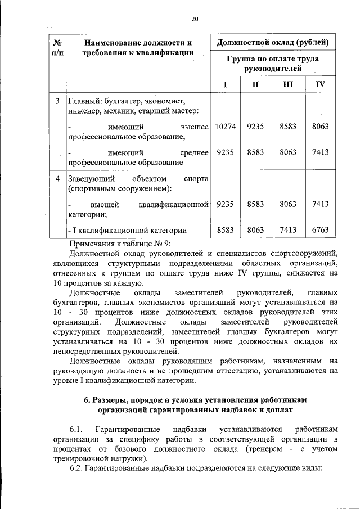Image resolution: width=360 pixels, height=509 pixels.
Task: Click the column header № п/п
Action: pos(57,47)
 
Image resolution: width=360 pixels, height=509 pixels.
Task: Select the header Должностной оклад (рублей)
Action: pos(272,42)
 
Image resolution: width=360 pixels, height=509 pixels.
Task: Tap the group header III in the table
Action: pos(288,84)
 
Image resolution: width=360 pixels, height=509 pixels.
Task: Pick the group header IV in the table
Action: pos(320,84)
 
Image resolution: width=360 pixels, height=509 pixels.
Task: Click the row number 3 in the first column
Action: pos(57,102)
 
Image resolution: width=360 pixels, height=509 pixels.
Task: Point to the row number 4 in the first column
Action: pos(57,179)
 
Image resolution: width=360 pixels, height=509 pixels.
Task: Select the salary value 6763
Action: pos(320,229)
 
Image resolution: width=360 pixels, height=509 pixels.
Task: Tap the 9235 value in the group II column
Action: pos(255,127)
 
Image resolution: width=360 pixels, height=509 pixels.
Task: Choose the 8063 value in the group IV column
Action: pos(320,127)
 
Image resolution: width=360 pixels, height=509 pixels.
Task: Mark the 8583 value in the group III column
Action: pos(288,127)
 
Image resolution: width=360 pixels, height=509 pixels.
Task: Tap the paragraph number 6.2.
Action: pos(76,468)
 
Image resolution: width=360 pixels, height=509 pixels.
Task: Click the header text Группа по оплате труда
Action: pos(272,58)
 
